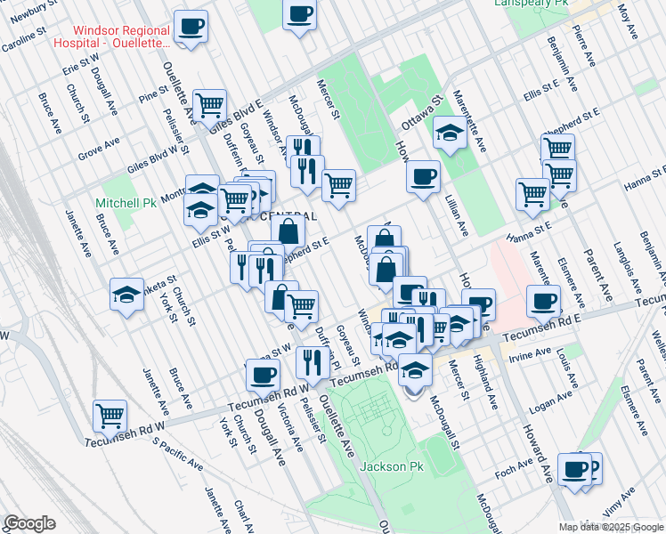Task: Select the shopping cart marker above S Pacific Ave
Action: pyautogui.click(x=110, y=415)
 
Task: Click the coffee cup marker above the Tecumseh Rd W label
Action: pyautogui.click(x=262, y=375)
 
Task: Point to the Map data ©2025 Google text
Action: pyautogui.click(x=611, y=527)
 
